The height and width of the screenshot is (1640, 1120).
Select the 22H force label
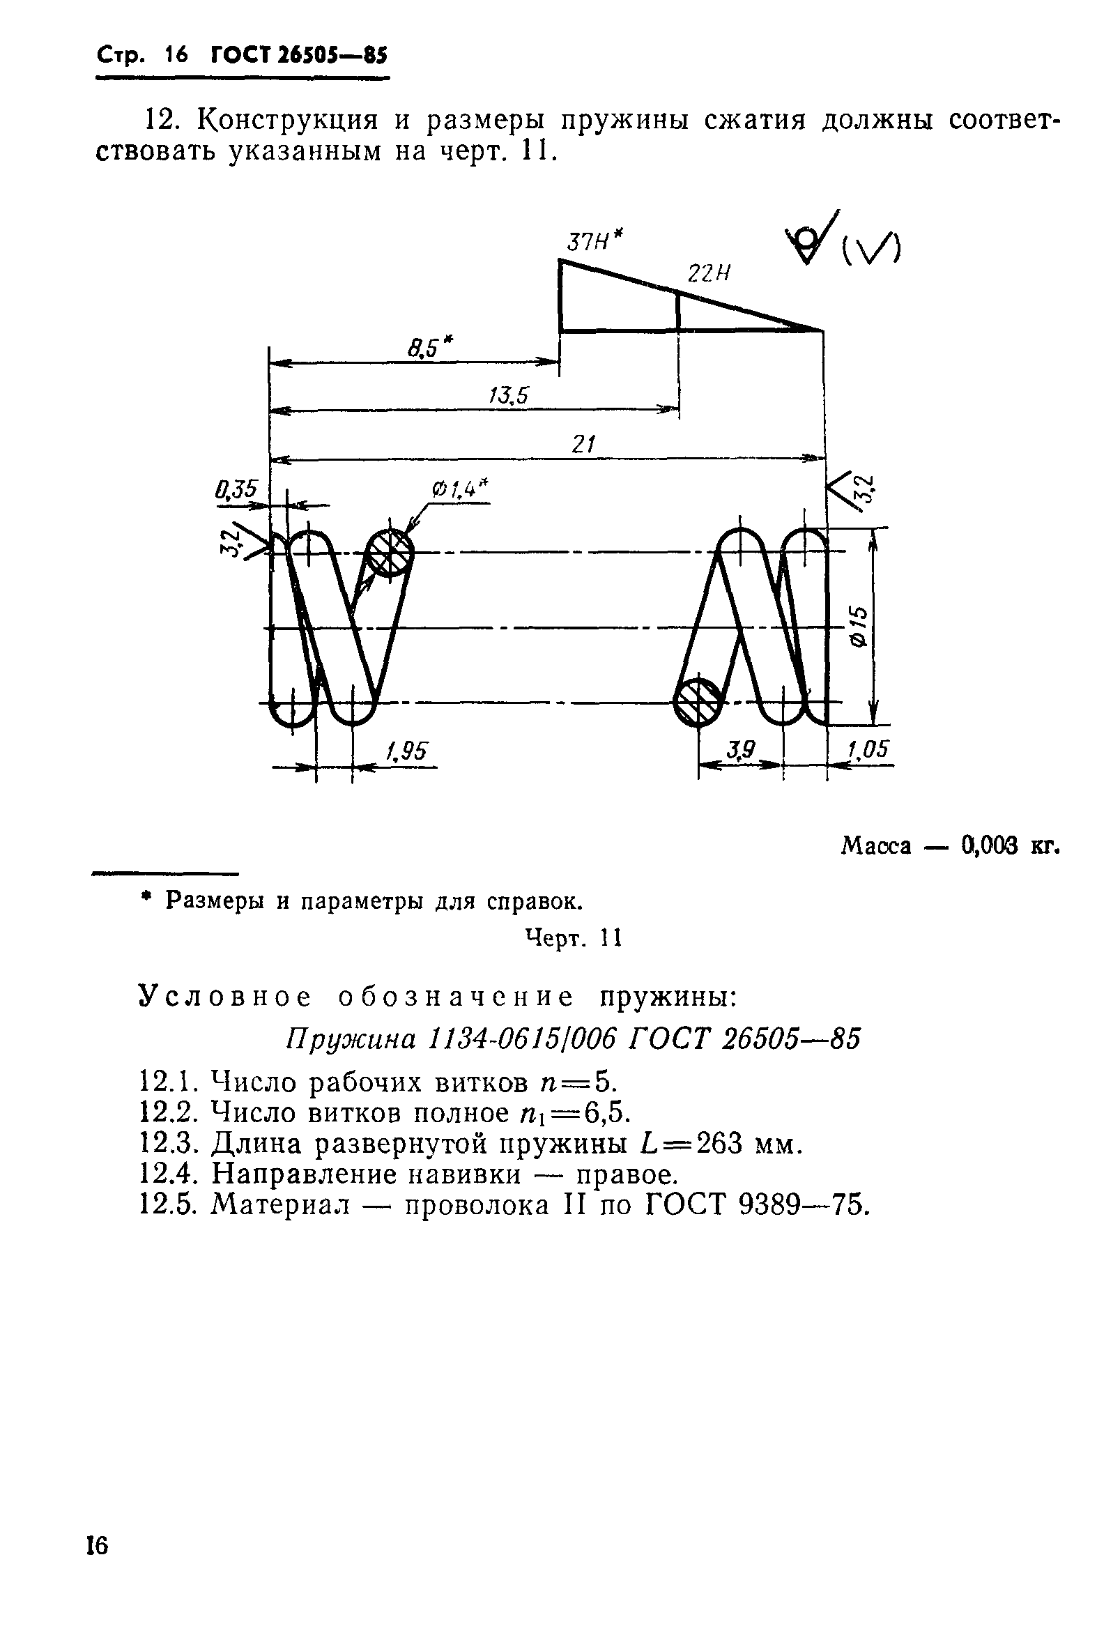708,274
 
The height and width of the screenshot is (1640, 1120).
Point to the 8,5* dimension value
430,348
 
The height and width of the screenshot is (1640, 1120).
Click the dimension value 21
583,444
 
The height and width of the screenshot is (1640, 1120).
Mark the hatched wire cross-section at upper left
389,553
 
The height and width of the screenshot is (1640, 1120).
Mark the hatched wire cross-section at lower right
697,702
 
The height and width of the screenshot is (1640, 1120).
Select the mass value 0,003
989,845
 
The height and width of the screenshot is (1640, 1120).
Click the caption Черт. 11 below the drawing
573,938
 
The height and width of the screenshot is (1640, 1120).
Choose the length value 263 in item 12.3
719,1143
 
